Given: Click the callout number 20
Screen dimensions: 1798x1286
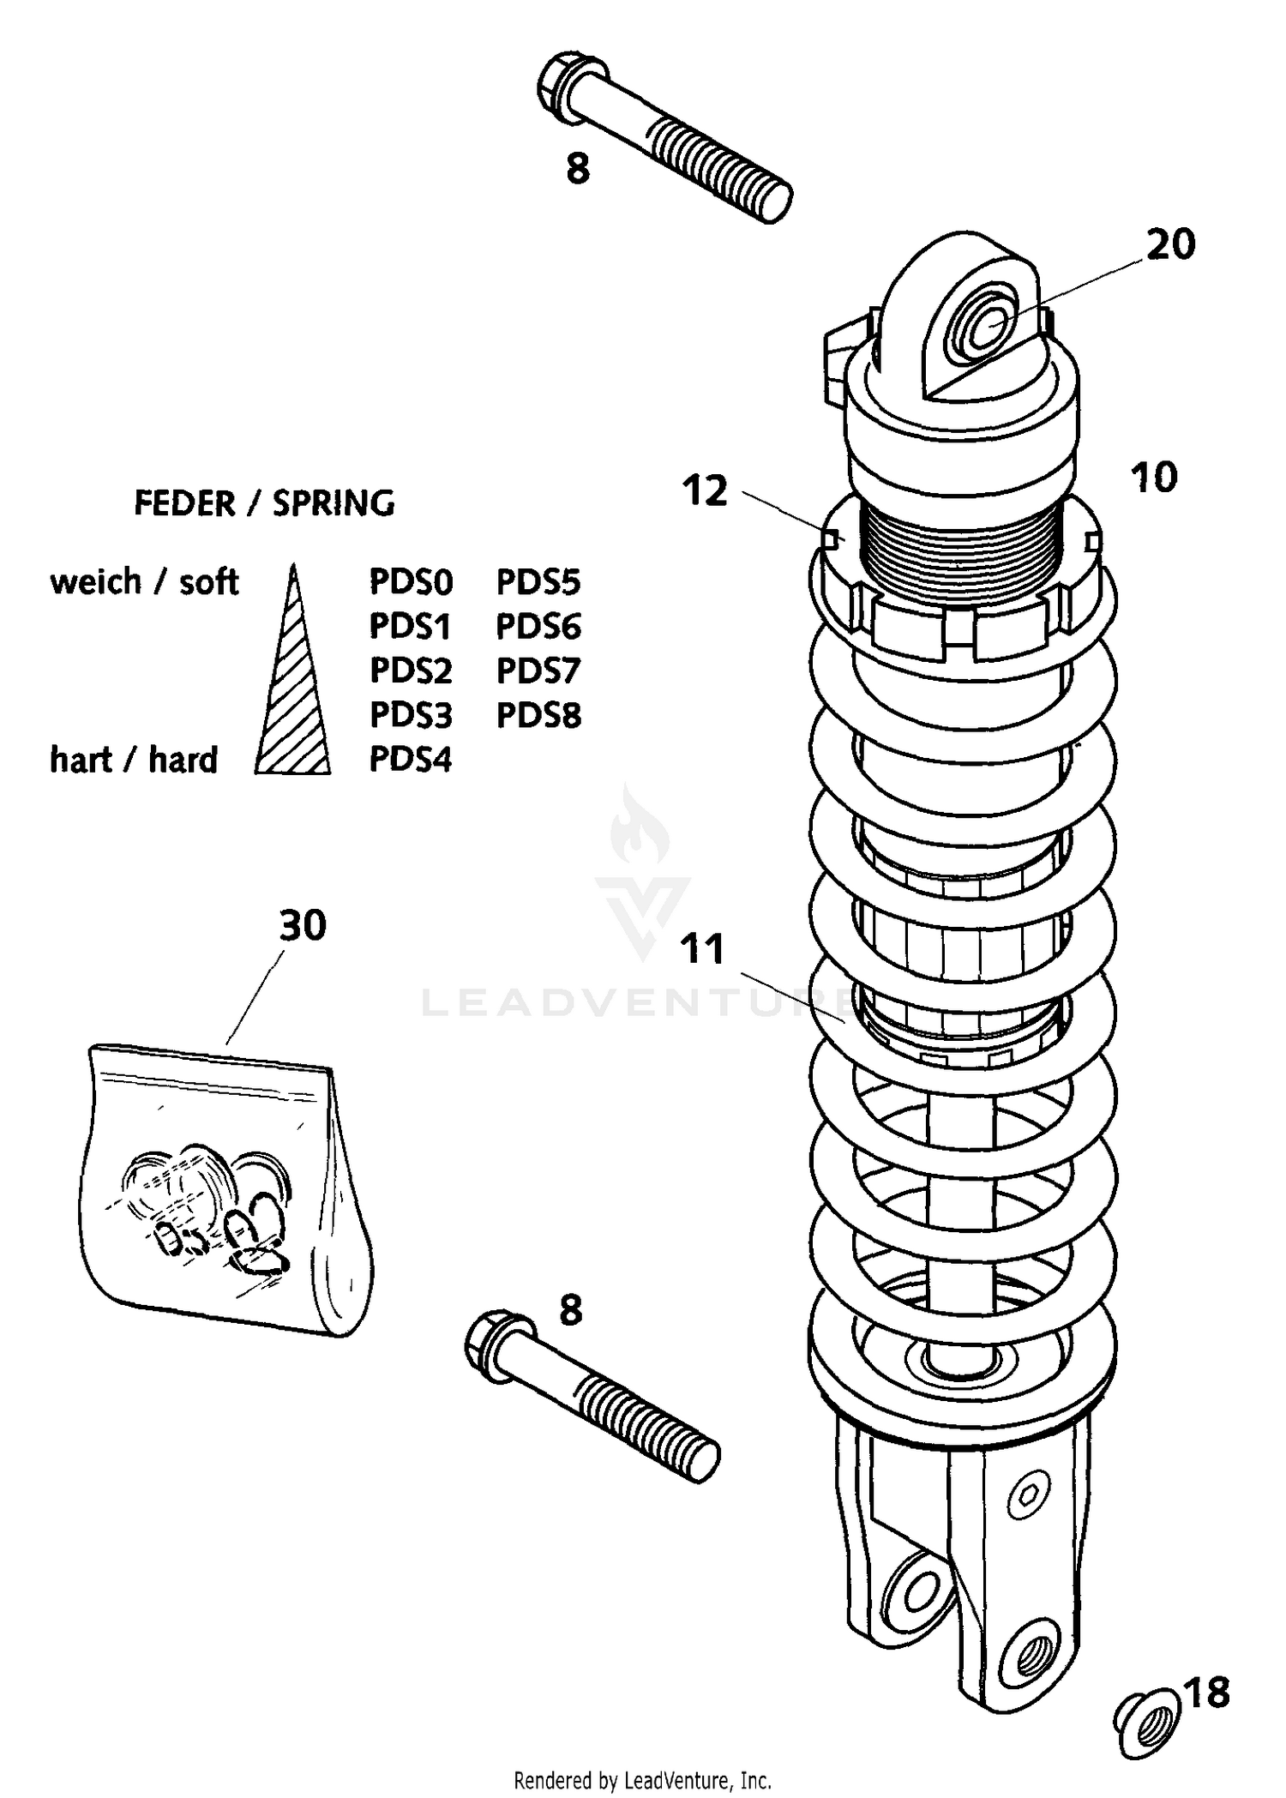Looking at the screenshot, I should (x=1170, y=245).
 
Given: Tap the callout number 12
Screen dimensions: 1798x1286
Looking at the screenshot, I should (x=705, y=491).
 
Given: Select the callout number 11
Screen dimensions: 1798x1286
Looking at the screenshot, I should (x=703, y=950).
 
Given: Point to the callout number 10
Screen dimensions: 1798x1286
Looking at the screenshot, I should (x=1154, y=478).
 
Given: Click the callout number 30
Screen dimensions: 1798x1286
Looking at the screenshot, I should (x=303, y=926).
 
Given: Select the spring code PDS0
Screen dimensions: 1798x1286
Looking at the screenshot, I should (x=411, y=582).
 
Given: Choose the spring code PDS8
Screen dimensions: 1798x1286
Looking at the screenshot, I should (x=538, y=715).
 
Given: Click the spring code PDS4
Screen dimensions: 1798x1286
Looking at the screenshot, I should (x=411, y=760).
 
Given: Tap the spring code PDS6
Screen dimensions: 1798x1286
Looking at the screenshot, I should (x=538, y=627).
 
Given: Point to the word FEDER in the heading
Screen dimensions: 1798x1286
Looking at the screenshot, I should (x=184, y=504).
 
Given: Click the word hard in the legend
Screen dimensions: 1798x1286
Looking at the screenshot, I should (x=183, y=761).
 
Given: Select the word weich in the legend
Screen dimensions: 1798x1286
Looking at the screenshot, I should (x=95, y=582).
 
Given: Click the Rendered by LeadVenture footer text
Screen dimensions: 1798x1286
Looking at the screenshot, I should (x=642, y=1781).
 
